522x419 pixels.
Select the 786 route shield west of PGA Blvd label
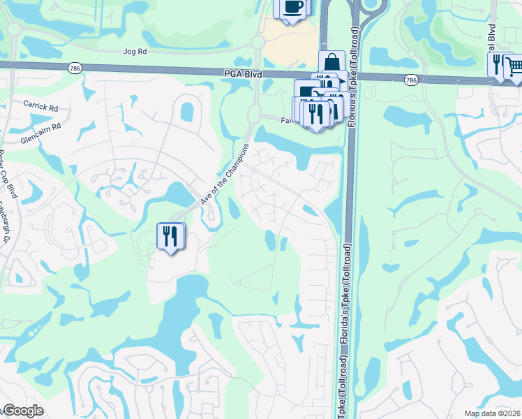click(75, 68)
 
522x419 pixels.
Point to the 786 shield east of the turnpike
click(412, 81)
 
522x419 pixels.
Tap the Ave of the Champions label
click(225, 174)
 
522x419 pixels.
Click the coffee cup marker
click(293, 8)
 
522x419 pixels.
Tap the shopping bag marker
click(332, 62)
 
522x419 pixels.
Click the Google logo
click(22, 411)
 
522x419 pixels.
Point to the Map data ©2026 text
click(493, 413)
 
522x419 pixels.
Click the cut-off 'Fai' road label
click(286, 120)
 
